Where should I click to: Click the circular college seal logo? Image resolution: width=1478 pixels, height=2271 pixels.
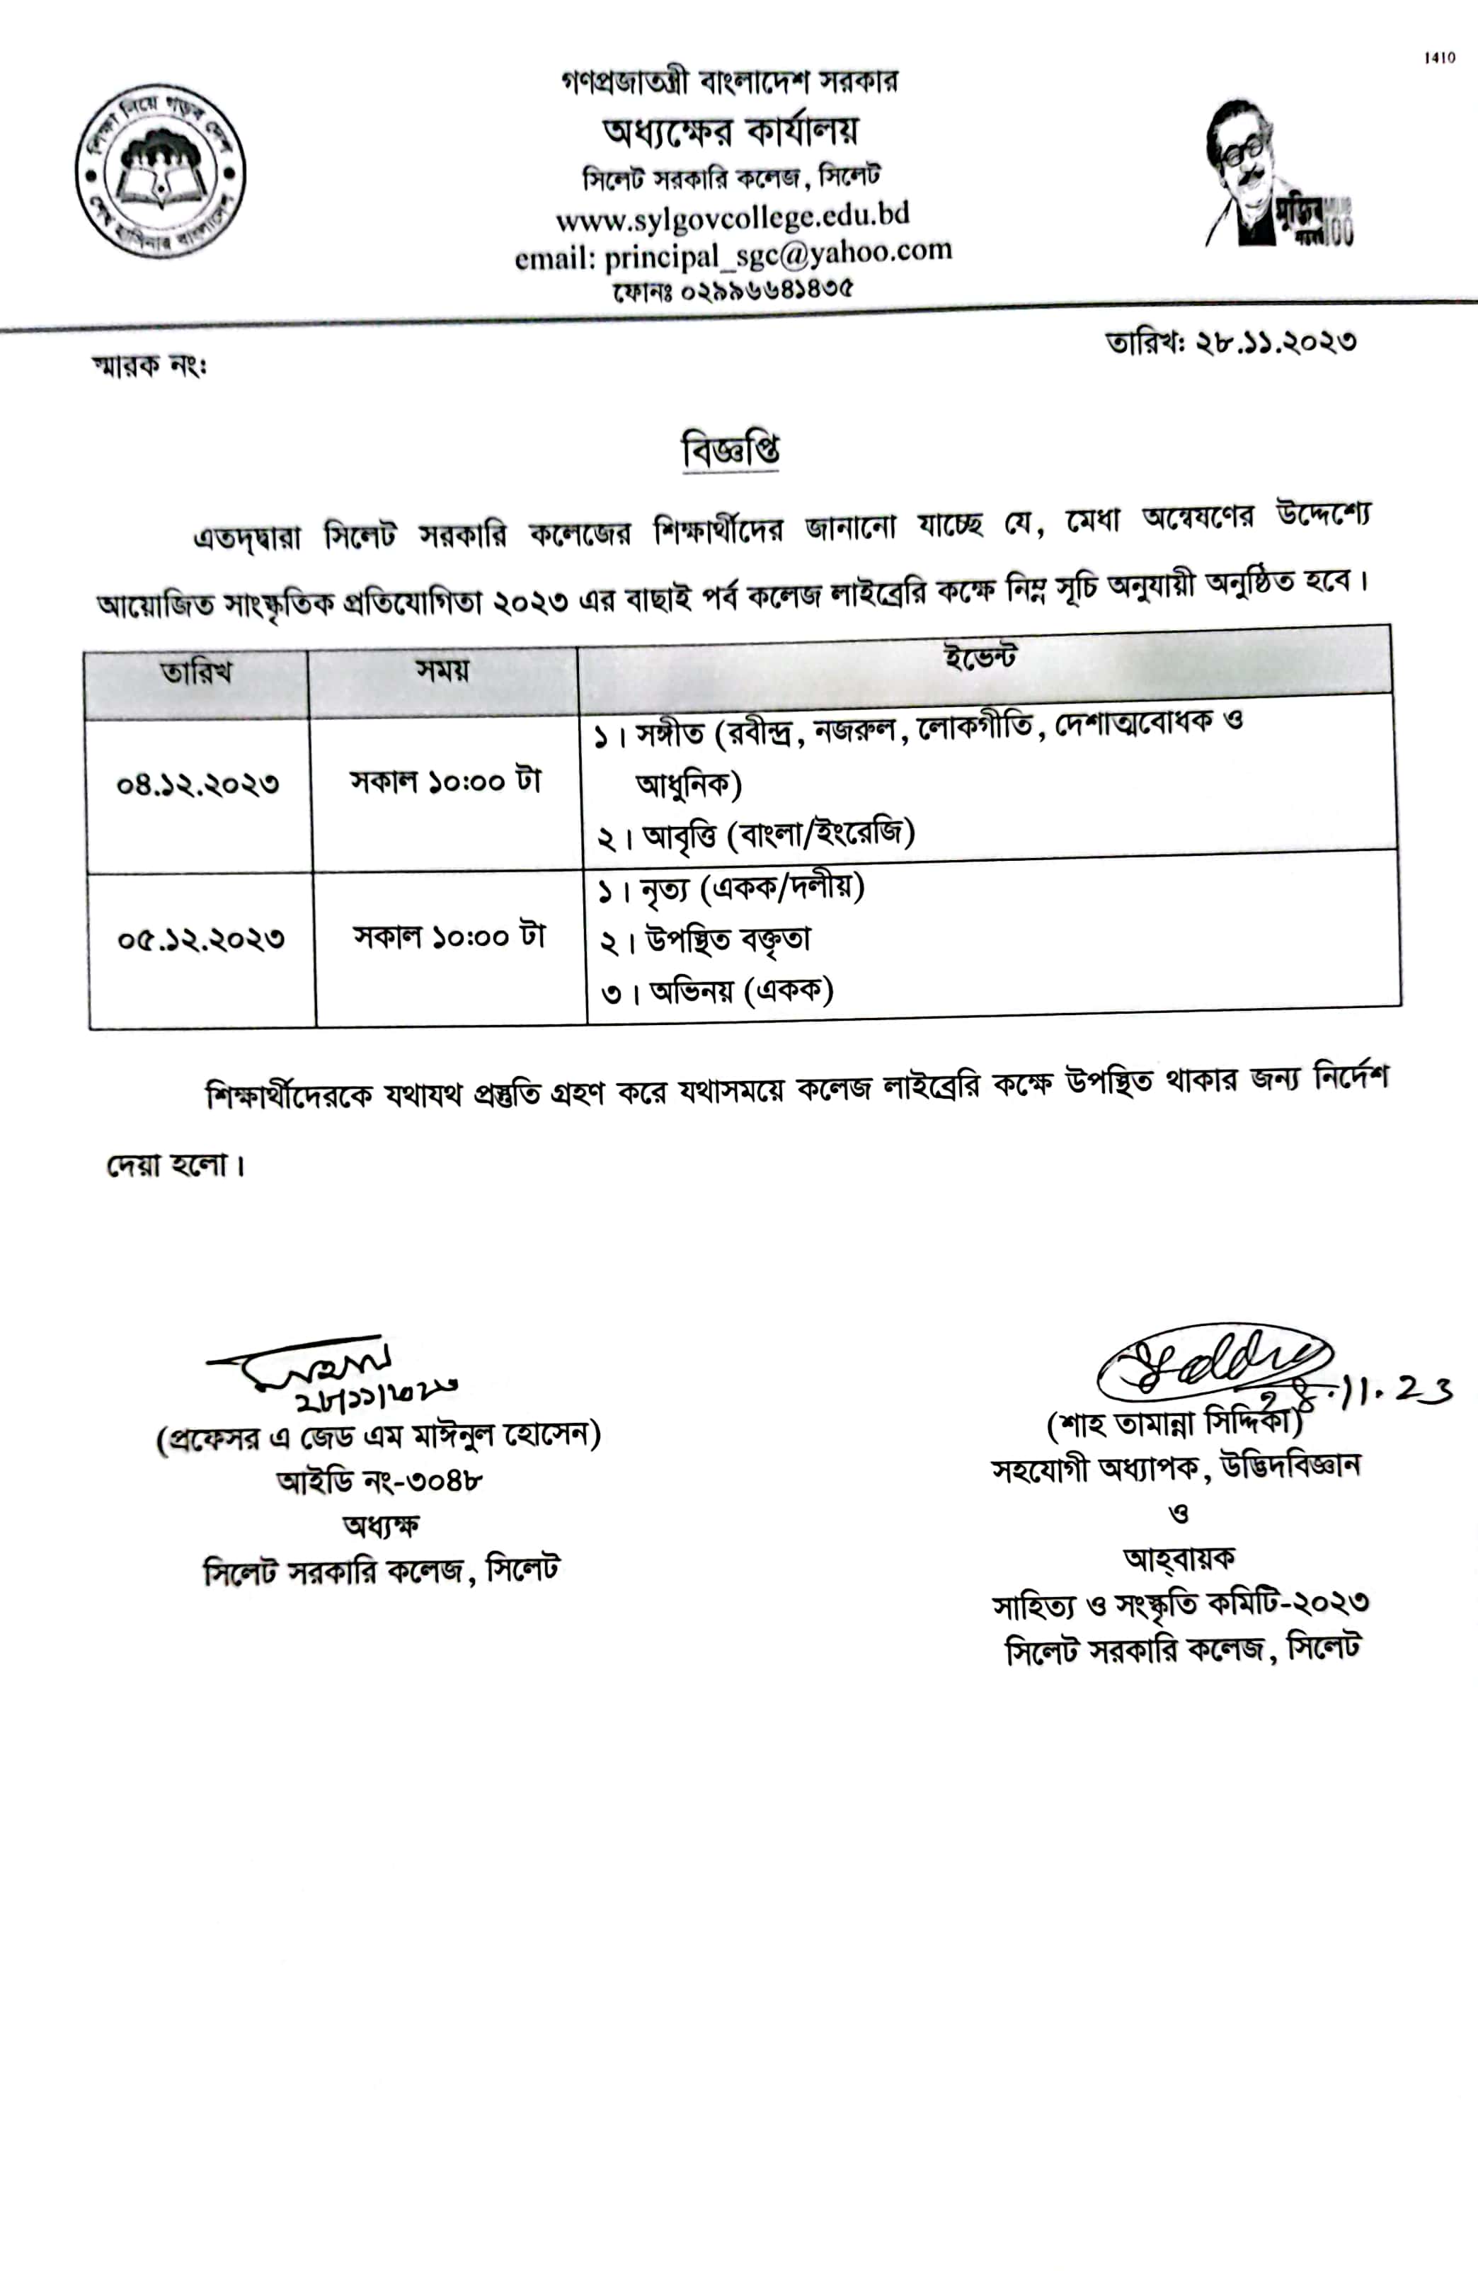(x=160, y=173)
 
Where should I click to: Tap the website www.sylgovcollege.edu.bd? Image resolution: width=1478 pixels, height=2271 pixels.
(x=732, y=217)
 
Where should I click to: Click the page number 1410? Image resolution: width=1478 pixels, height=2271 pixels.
(x=1440, y=58)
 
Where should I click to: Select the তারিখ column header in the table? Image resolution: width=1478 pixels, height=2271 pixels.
(x=197, y=673)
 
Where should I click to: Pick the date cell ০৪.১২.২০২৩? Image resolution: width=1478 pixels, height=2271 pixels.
(x=198, y=784)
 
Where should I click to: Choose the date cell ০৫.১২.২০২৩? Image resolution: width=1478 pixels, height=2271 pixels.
(x=201, y=939)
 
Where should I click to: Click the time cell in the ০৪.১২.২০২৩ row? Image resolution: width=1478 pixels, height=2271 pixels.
(x=446, y=782)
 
